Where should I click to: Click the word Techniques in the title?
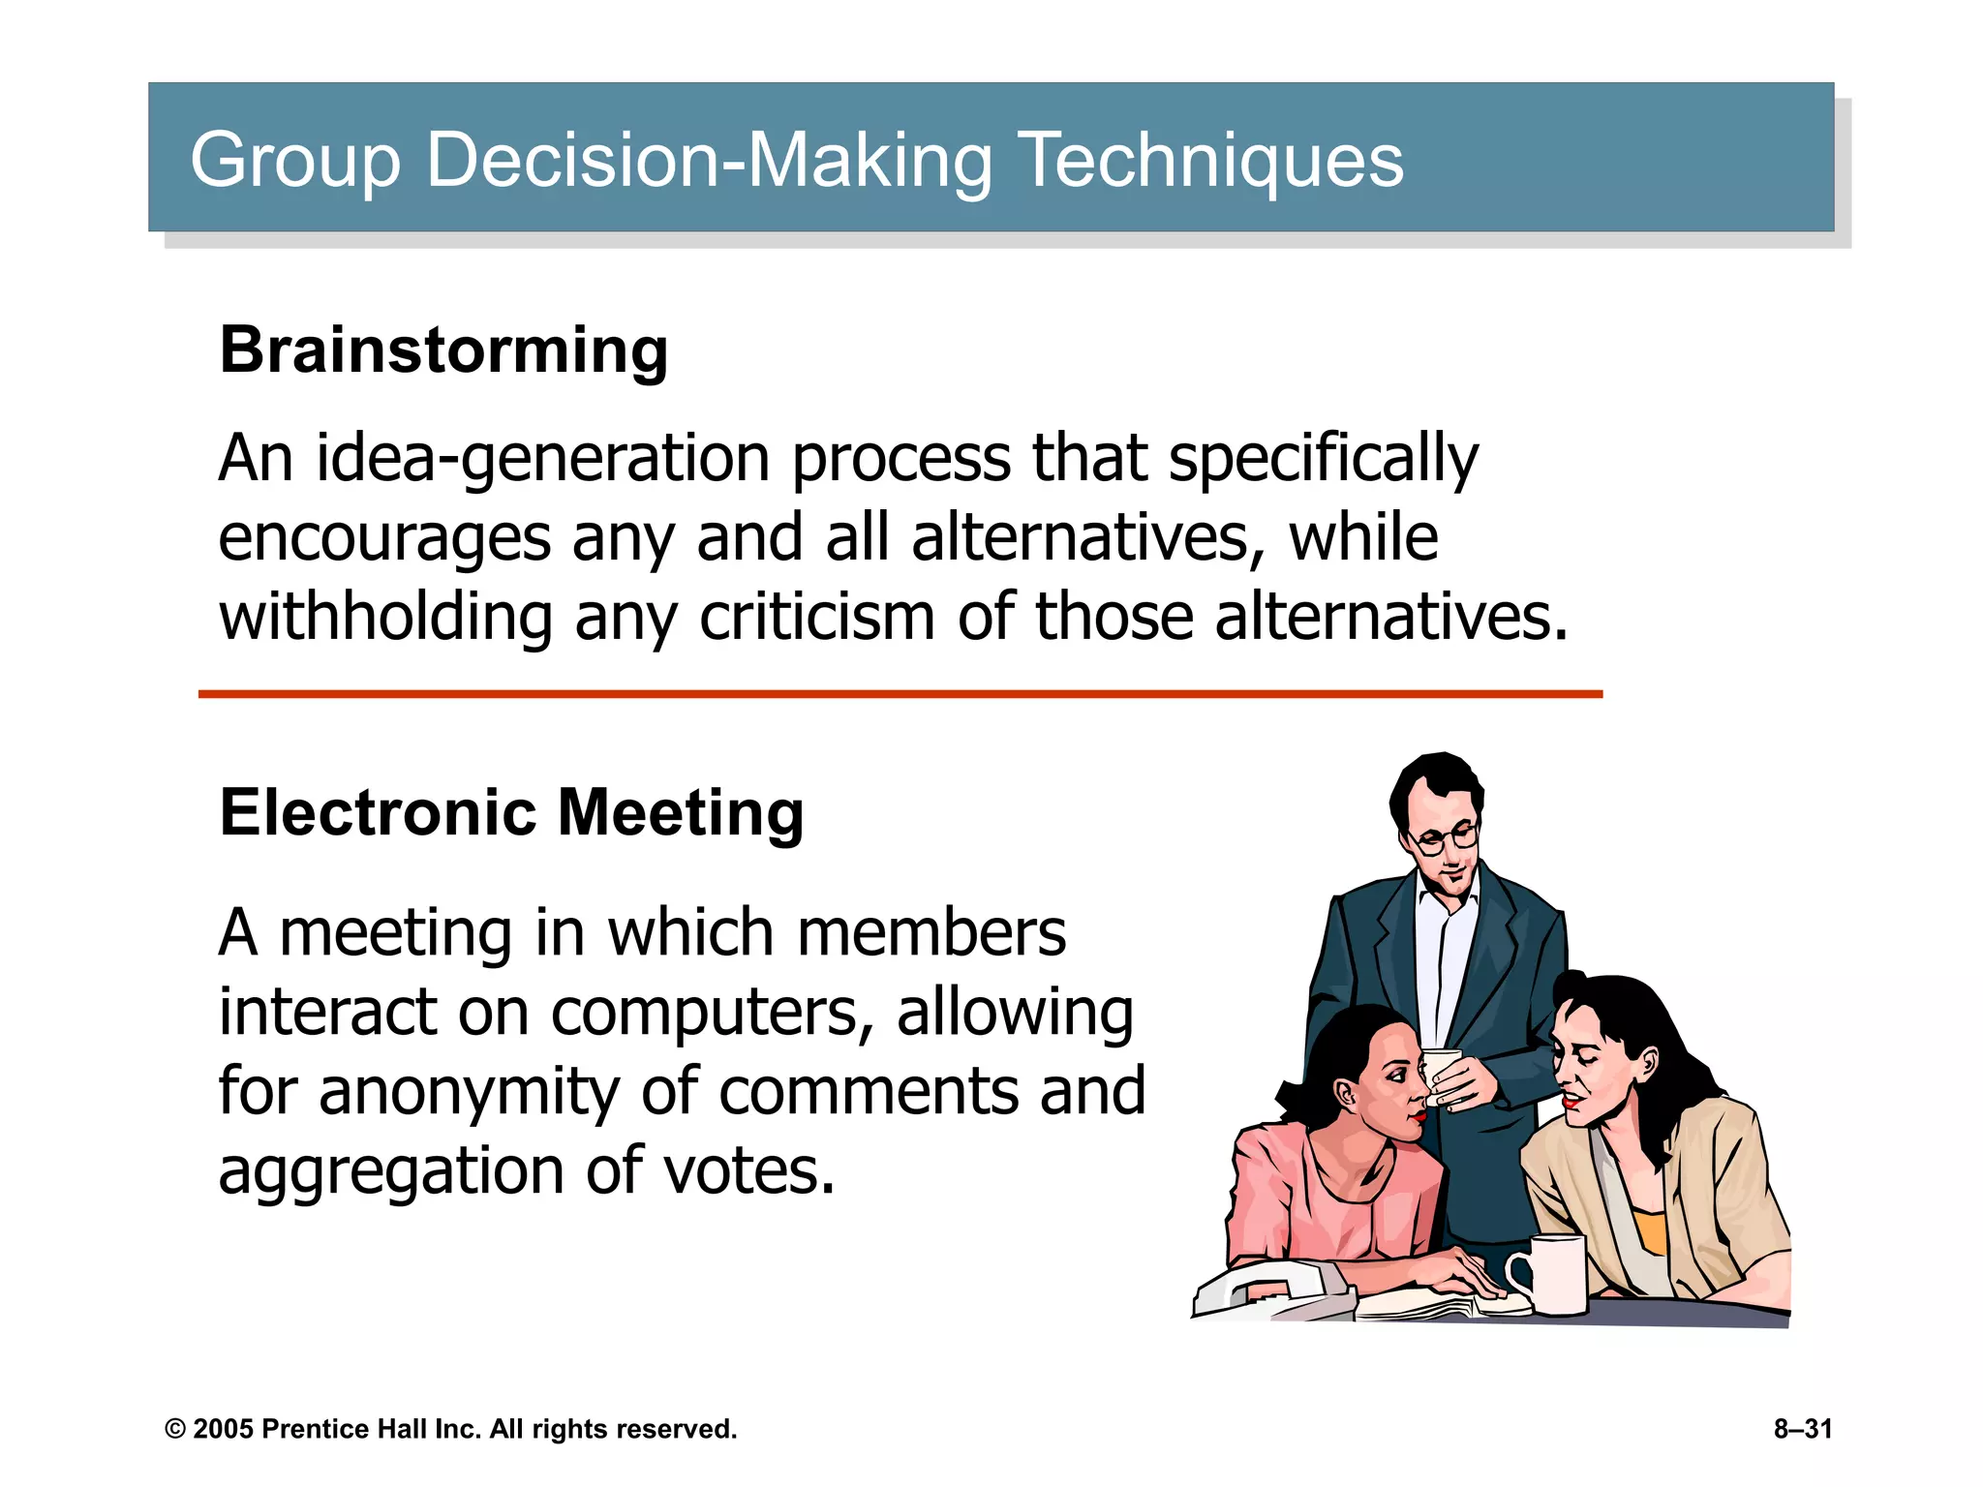point(1211,161)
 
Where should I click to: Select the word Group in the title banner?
point(295,161)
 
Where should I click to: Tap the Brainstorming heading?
point(443,349)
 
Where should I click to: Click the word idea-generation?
point(542,459)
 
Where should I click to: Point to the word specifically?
point(1324,459)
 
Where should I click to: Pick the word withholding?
point(385,618)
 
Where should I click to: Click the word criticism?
point(817,618)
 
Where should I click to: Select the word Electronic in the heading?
point(378,812)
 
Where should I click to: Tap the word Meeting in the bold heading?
point(681,812)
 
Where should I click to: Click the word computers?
point(705,1014)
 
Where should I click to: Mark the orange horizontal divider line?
point(900,694)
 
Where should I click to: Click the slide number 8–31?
point(1803,1429)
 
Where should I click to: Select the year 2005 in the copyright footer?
point(224,1430)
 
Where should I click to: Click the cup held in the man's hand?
point(1443,1074)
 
